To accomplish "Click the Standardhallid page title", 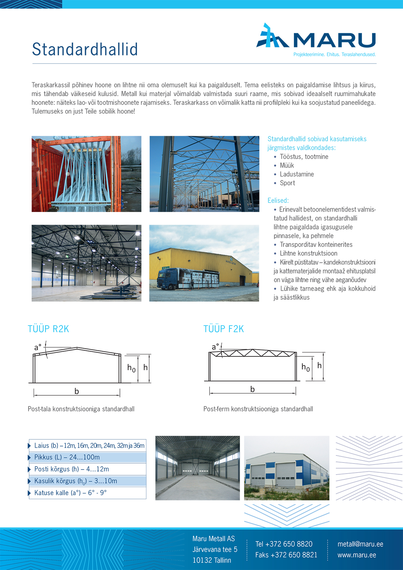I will (x=85, y=49).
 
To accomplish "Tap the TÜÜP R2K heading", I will (x=48, y=329).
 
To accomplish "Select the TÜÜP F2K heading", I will (x=224, y=329).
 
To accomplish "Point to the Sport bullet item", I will (x=287, y=183).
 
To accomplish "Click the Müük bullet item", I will (x=287, y=166).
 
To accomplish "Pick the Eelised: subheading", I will (x=278, y=201).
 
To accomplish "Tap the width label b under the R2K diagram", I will (x=77, y=391).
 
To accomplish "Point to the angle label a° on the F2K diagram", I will (x=215, y=347).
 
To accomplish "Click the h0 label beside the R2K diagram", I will (x=131, y=368).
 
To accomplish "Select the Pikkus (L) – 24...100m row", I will (x=67, y=457).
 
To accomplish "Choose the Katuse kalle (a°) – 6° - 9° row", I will (x=71, y=493).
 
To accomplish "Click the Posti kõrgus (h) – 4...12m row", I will (x=72, y=469).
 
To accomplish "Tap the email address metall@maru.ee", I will (x=360, y=544).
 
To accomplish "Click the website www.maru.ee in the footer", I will (x=357, y=555).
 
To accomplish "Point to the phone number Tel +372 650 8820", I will (x=284, y=544).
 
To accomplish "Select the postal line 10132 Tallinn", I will (x=212, y=560).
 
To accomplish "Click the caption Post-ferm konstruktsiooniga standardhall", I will (x=258, y=409).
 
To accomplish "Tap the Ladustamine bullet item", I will (x=297, y=174).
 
